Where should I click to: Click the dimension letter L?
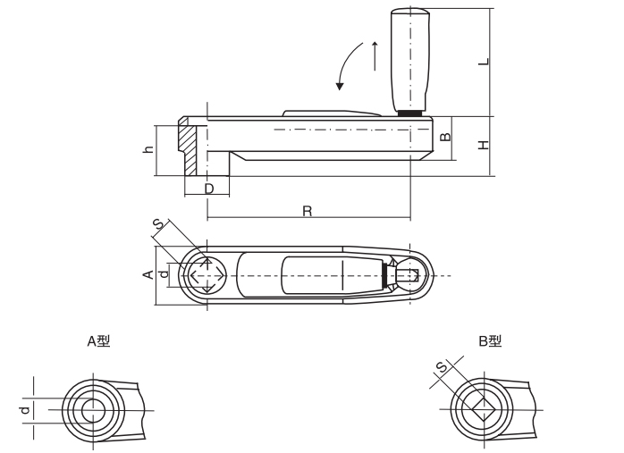[483, 62]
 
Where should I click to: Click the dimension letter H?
[483, 145]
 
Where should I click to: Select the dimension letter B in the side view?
[446, 138]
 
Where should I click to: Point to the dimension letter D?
[207, 189]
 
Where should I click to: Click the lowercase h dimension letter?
[148, 150]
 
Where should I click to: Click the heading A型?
[98, 341]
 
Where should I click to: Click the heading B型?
[490, 341]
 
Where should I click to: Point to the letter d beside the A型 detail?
[25, 410]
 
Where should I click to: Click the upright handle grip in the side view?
[409, 58]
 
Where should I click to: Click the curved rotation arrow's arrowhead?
[340, 87]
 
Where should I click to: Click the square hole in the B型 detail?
[481, 410]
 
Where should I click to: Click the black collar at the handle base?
[410, 113]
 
